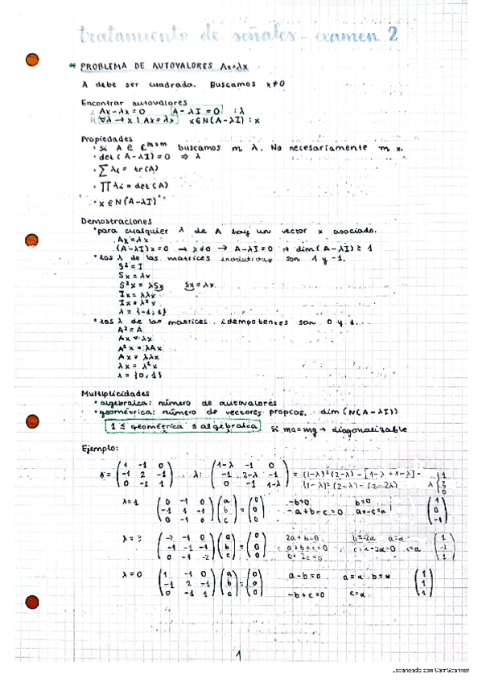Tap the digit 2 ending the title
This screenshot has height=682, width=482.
click(x=393, y=35)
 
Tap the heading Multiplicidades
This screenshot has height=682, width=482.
click(x=115, y=392)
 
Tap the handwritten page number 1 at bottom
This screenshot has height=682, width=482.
click(x=240, y=656)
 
